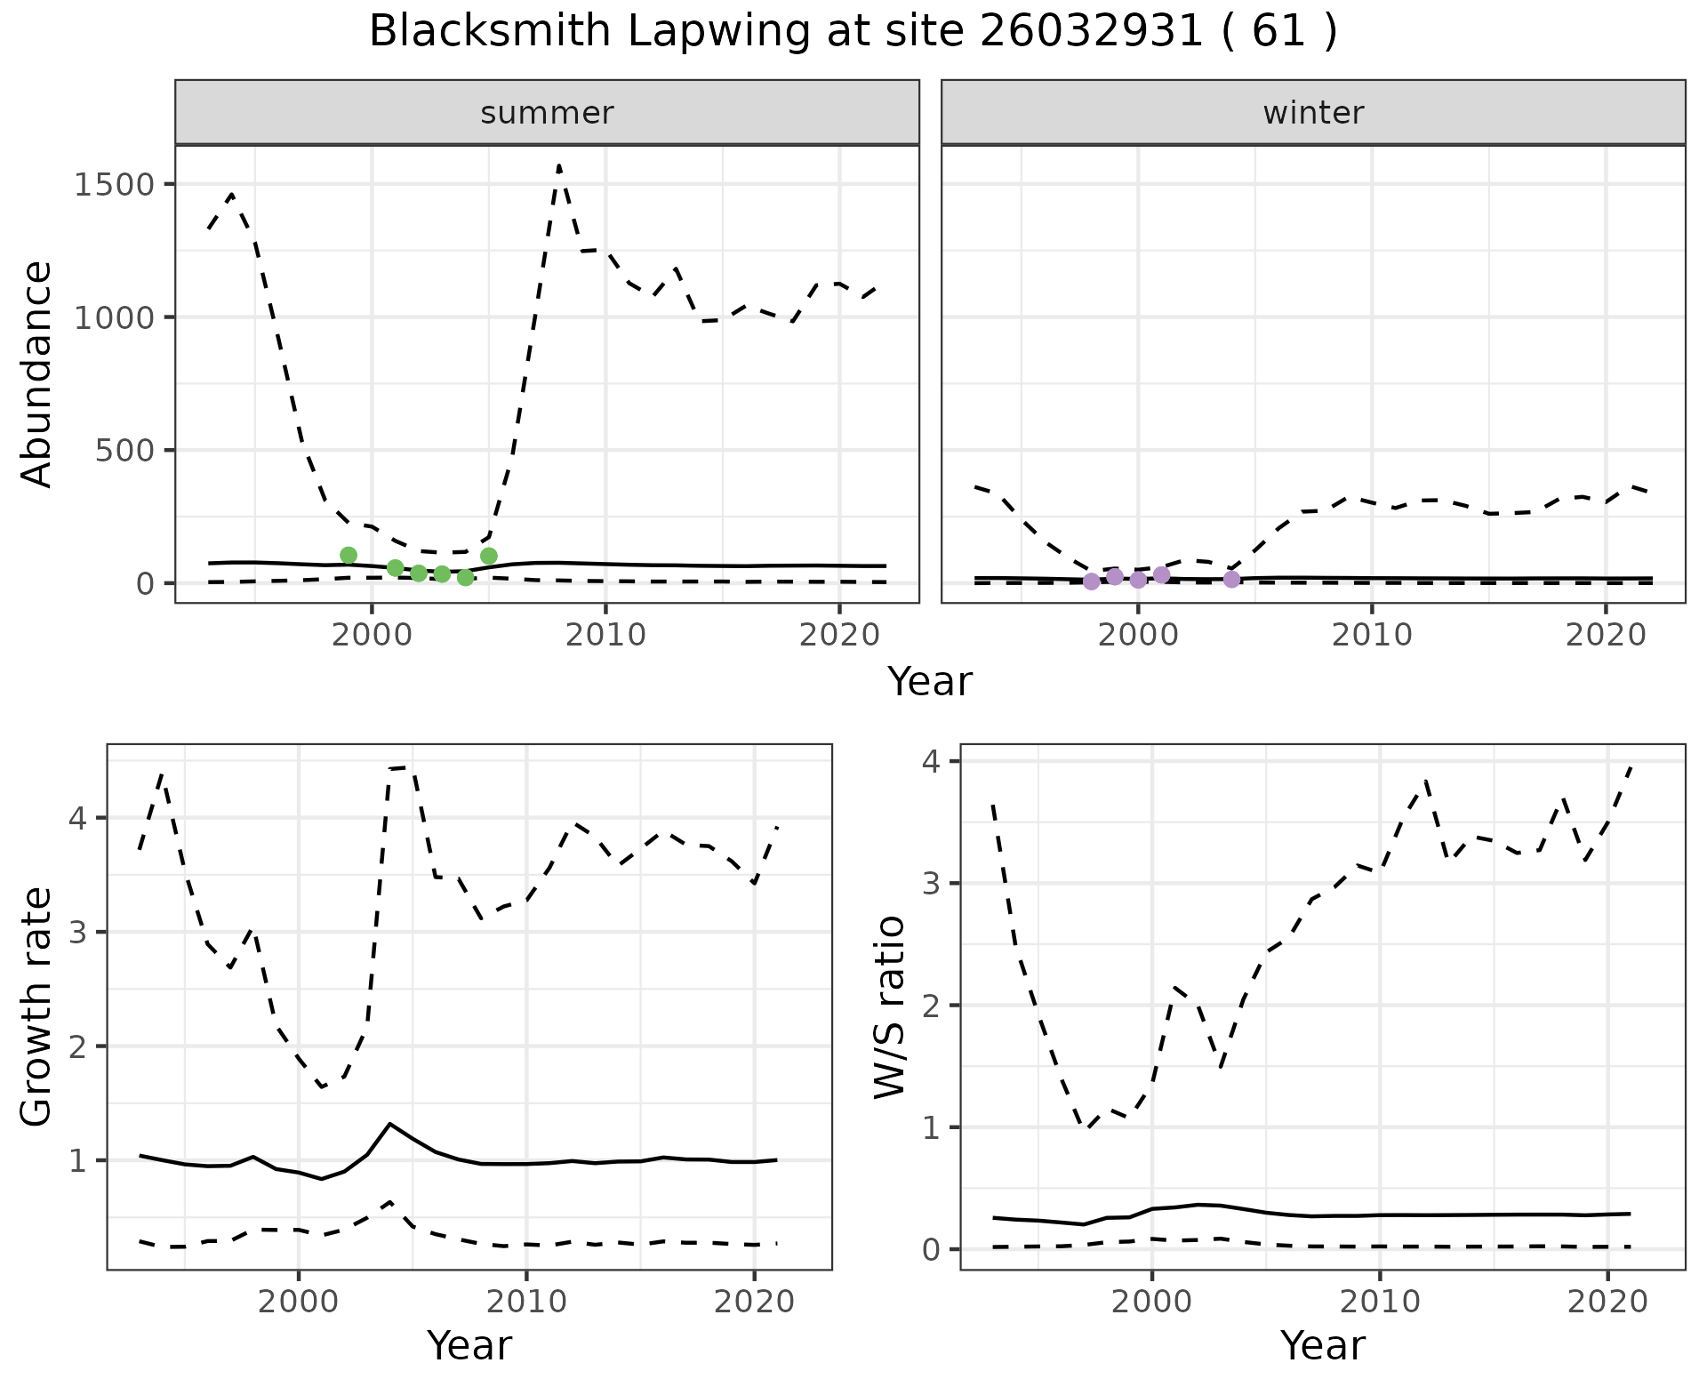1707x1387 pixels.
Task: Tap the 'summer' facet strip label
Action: (x=547, y=113)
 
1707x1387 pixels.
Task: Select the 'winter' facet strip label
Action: (x=1313, y=113)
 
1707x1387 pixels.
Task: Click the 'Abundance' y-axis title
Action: (x=37, y=373)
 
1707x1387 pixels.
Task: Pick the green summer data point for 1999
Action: (x=349, y=556)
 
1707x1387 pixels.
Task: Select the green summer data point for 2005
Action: (x=489, y=556)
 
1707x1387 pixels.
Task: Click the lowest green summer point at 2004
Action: (x=465, y=578)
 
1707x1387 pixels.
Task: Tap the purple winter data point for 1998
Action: (x=1092, y=581)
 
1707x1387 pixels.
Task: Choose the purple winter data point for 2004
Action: (x=1231, y=580)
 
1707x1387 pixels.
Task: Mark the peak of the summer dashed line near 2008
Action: (x=558, y=165)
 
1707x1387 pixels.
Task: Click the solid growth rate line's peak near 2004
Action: (x=390, y=1124)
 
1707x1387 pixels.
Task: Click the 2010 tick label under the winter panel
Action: (x=1372, y=635)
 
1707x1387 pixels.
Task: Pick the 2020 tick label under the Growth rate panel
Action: (x=754, y=1303)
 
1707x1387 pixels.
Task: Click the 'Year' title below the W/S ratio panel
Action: (x=1322, y=1345)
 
